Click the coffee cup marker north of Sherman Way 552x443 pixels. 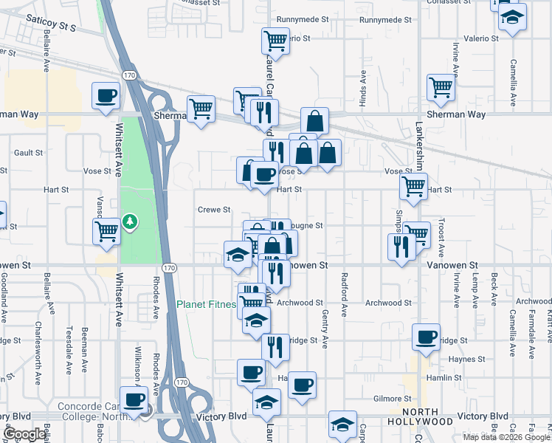coord(105,96)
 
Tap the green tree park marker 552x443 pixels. coord(130,221)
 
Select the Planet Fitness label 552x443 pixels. coord(207,303)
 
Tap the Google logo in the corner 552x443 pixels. coord(24,434)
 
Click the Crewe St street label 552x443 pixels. coord(214,209)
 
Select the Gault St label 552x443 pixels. coord(29,152)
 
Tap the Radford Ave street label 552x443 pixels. coord(344,295)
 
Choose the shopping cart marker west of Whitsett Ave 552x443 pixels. coord(107,231)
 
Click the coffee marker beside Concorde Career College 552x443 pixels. coord(134,399)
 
